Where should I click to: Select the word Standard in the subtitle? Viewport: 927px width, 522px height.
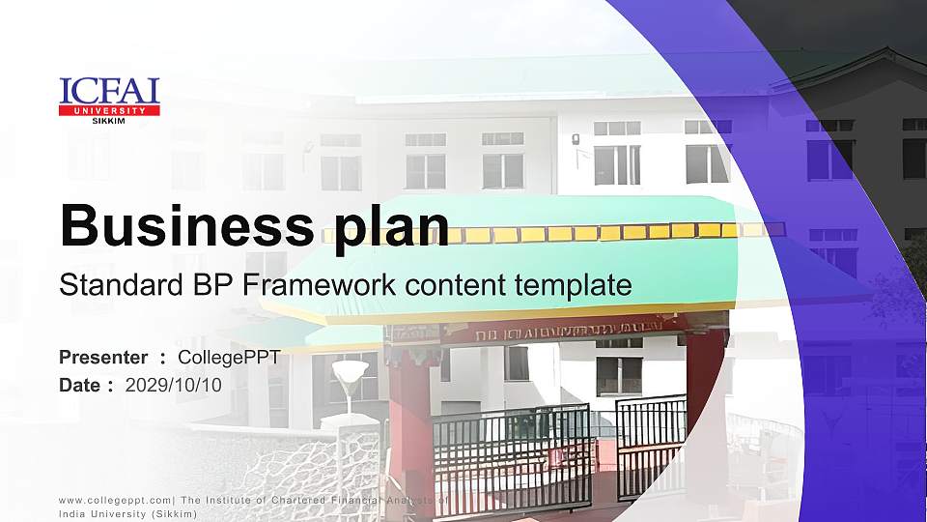click(108, 285)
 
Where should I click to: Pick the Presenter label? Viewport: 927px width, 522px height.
click(103, 358)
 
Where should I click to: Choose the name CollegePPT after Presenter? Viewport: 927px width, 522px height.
click(229, 358)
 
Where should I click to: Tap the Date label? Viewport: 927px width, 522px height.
click(80, 385)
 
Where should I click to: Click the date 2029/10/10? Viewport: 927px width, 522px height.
click(174, 385)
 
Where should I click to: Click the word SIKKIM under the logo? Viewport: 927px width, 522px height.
click(108, 121)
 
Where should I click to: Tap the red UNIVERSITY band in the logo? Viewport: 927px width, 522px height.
click(109, 111)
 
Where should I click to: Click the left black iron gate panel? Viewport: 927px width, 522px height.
click(512, 459)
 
